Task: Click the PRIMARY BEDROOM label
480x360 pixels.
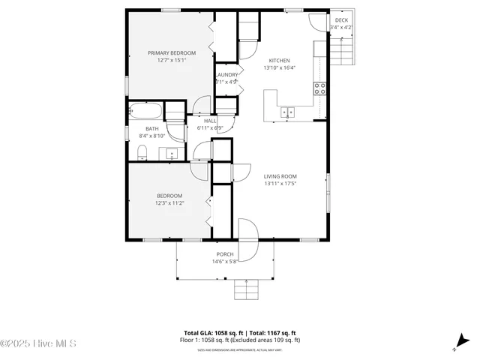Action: pos(171,52)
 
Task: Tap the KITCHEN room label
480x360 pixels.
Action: pos(279,61)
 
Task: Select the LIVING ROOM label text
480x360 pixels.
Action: pos(280,176)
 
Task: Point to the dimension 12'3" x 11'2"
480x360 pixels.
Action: pos(169,202)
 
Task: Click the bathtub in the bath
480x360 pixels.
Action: pos(145,112)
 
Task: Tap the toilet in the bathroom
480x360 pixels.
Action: pos(142,153)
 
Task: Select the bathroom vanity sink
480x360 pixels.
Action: pos(172,154)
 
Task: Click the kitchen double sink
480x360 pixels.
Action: pos(288,112)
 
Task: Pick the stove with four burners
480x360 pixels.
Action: pos(320,87)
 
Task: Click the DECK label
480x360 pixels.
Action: pos(341,20)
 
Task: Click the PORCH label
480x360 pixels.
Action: pos(225,254)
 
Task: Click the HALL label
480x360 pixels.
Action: pos(210,121)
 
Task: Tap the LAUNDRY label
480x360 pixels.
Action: pos(226,75)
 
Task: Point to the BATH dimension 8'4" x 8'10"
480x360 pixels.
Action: pos(151,136)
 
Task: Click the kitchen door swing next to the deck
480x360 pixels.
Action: pos(320,20)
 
